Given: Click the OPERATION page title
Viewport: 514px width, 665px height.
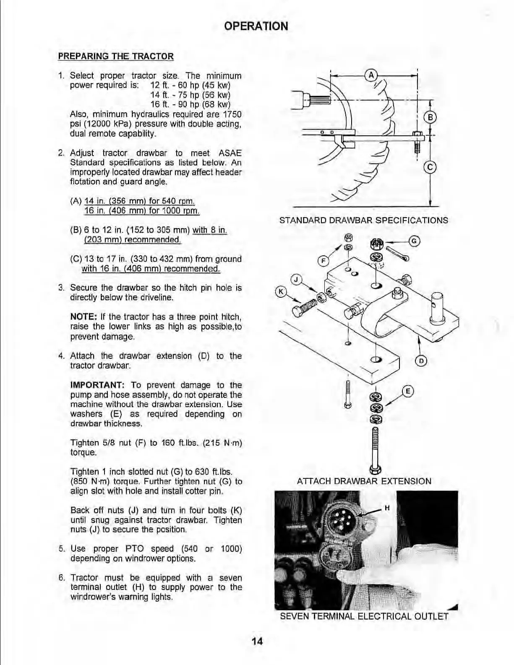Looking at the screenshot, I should pos(256,26).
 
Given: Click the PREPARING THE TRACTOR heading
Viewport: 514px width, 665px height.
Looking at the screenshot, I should pos(115,56).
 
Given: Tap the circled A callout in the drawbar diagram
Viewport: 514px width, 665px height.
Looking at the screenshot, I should pos(370,75).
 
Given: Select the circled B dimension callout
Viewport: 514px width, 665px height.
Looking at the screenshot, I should pos(431,117).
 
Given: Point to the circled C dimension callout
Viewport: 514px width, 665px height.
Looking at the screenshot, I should pos(430,168).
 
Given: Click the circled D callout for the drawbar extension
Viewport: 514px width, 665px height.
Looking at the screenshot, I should pos(421,361).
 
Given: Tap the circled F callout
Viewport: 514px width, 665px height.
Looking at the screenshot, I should pos(323,261).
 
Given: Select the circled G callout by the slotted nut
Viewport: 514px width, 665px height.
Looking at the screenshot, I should pos(414,241).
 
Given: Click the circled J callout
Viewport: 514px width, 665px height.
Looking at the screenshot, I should pos(296,279).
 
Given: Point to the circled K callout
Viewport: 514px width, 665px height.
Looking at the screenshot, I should pos(280,292).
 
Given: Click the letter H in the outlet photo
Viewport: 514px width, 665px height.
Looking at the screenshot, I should pos(387,508).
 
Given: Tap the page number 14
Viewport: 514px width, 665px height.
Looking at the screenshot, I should pos(257,641).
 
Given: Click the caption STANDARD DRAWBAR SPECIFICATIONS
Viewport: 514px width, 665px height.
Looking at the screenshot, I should pos(363,220).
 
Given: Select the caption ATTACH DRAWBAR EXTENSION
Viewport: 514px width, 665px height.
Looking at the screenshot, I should pos(364,481).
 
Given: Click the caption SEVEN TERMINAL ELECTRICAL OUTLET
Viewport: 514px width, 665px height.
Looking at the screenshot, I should pos(364,616).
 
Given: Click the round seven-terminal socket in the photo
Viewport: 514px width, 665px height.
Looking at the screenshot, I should pos(342,519).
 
